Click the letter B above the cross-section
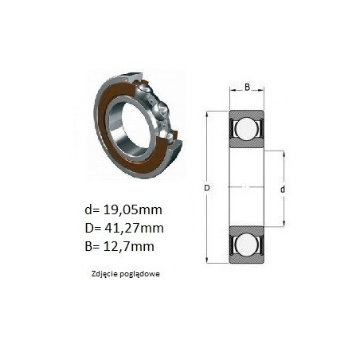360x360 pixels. click(x=247, y=87)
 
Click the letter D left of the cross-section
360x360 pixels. click(x=207, y=188)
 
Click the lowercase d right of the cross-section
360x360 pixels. click(x=283, y=190)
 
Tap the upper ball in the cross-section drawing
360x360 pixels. click(x=247, y=128)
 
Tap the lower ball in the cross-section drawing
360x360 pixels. click(x=247, y=245)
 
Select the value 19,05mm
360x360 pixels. click(x=132, y=210)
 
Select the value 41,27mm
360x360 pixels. click(x=134, y=228)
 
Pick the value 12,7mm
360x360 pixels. click(x=128, y=246)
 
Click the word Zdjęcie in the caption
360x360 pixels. click(x=104, y=274)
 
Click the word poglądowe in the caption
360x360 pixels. click(x=140, y=274)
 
